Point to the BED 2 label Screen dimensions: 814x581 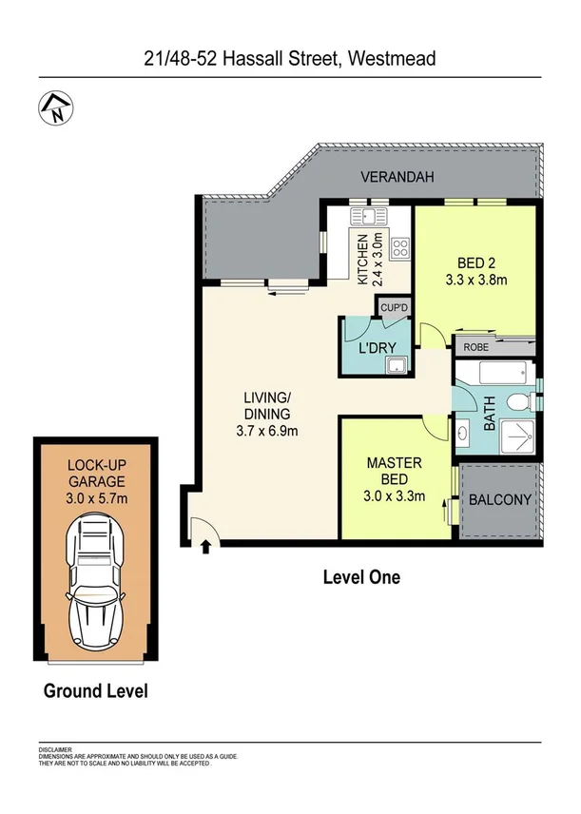point(475,264)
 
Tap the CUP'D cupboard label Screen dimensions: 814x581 point(393,307)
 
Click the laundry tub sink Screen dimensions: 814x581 point(397,364)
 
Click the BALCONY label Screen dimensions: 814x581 point(498,500)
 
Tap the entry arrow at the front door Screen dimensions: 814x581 point(207,545)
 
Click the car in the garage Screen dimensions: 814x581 point(95,581)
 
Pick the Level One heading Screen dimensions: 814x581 point(361,576)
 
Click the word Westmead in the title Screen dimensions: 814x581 point(392,58)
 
